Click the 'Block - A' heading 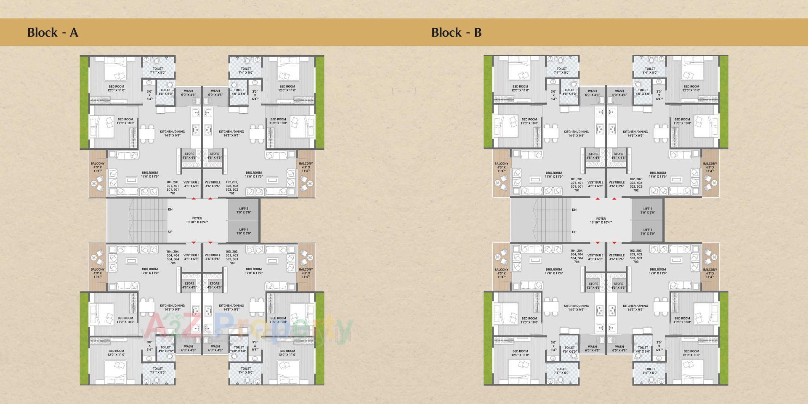[53, 32]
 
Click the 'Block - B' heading [456, 32]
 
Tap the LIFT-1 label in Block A [243, 231]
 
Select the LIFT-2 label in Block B [647, 210]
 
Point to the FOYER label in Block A [197, 220]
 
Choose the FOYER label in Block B [601, 220]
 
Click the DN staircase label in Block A [170, 209]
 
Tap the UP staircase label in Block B [574, 232]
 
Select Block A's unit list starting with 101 [173, 188]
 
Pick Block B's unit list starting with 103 [635, 256]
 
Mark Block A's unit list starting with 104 [173, 257]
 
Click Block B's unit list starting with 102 [635, 184]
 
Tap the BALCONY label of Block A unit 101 [97, 167]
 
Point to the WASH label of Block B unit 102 [619, 93]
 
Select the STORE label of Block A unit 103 [215, 285]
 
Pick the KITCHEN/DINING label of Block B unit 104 [576, 308]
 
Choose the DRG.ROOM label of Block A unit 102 [254, 174]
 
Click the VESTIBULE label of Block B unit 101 [595, 184]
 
